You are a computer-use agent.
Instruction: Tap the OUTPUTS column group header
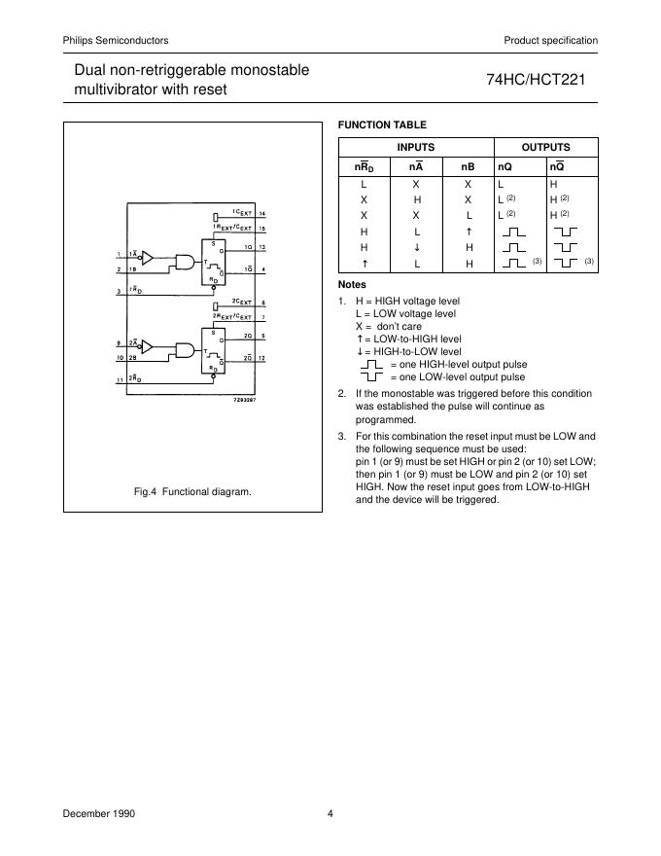[545, 147]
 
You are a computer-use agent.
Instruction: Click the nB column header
[468, 167]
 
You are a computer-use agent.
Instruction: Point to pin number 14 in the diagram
[262, 212]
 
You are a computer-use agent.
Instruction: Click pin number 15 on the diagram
[262, 228]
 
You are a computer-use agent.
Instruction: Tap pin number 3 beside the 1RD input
[118, 292]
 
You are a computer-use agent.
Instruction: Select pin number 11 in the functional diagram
[119, 380]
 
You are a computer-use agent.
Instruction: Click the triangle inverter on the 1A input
[147, 257]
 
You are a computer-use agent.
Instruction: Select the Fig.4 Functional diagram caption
[192, 492]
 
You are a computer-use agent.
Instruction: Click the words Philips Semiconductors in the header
[116, 40]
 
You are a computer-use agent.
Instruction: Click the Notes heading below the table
[352, 284]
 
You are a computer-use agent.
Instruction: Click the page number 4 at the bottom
[330, 813]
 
